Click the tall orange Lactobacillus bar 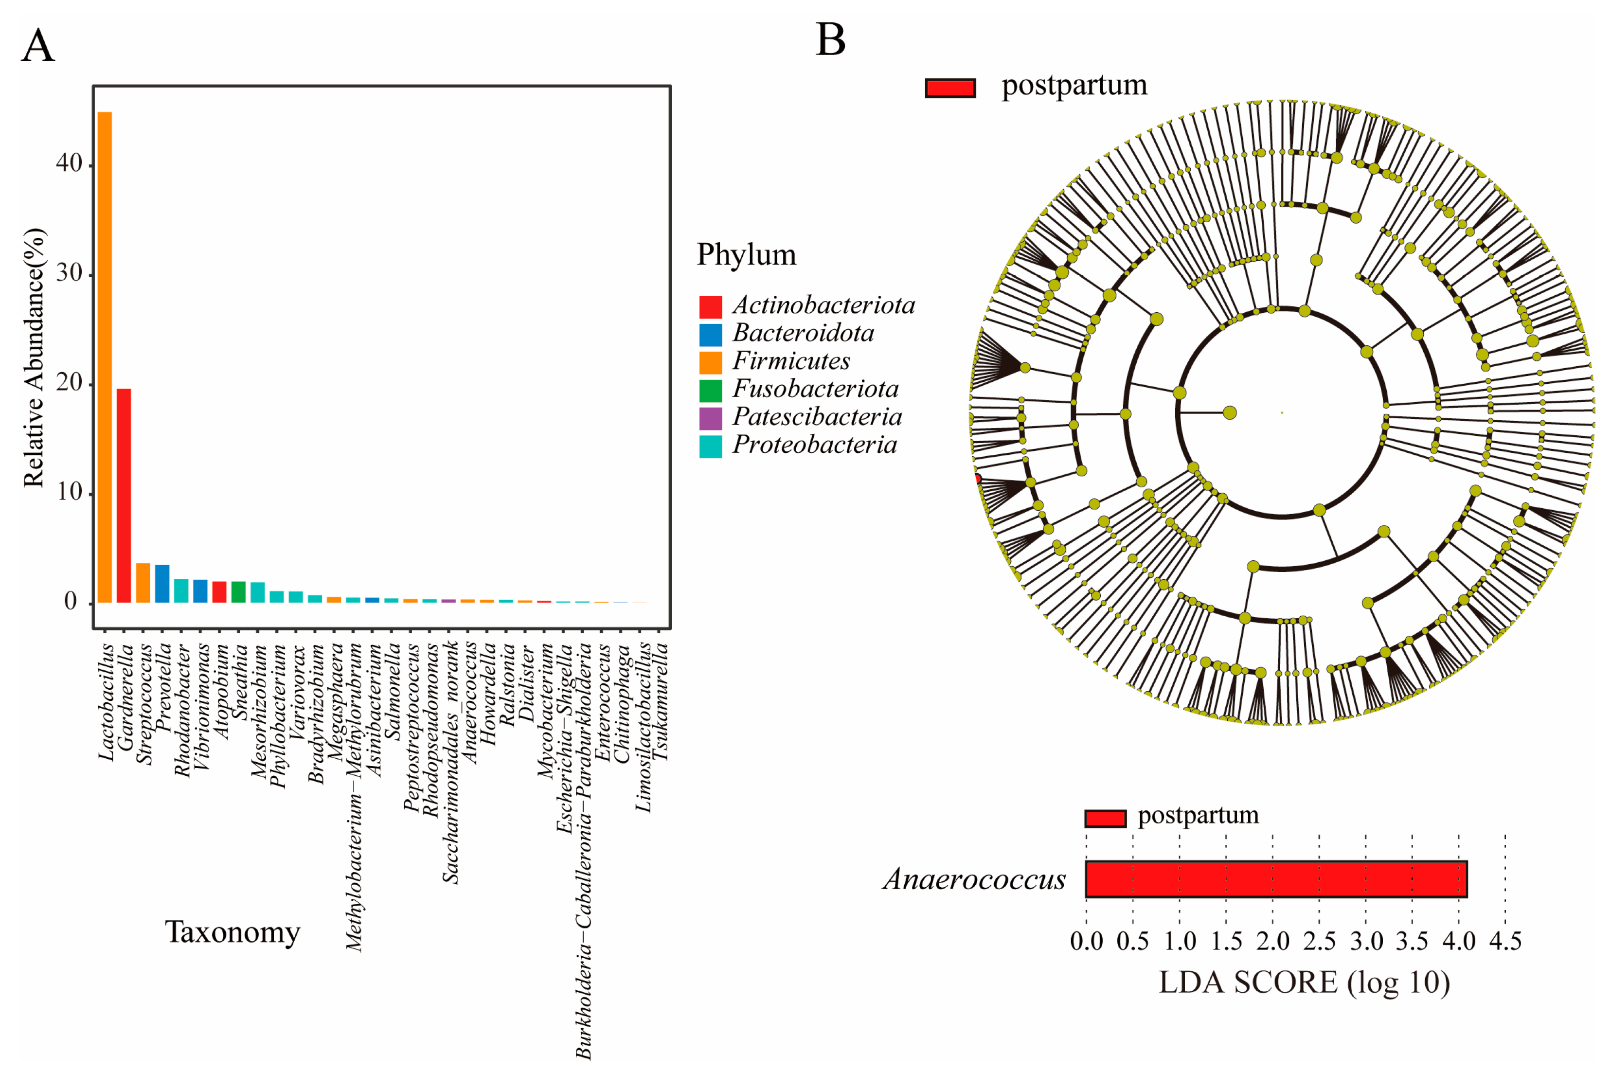click(x=105, y=356)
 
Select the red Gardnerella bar click(x=124, y=495)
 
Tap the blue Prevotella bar click(x=162, y=583)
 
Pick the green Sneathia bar click(x=238, y=591)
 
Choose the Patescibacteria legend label click(x=817, y=417)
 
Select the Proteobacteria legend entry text click(x=815, y=445)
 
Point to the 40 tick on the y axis click(x=69, y=163)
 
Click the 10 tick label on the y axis click(x=69, y=492)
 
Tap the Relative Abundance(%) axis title click(x=34, y=357)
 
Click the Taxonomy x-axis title click(x=233, y=932)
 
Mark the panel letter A click(x=38, y=46)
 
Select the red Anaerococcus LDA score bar click(x=1275, y=878)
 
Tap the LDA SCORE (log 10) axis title click(x=1304, y=983)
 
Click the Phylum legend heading click(x=746, y=255)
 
